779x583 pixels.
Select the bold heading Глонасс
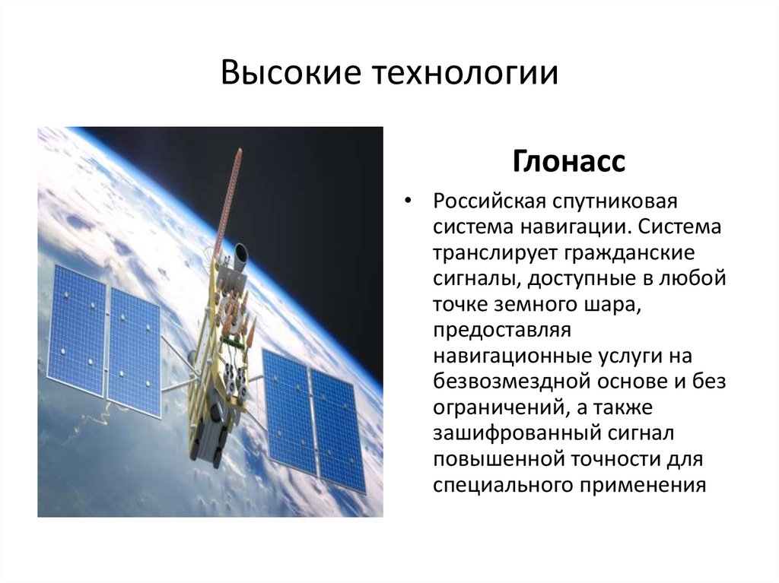click(569, 161)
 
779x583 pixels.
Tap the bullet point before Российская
click(409, 202)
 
